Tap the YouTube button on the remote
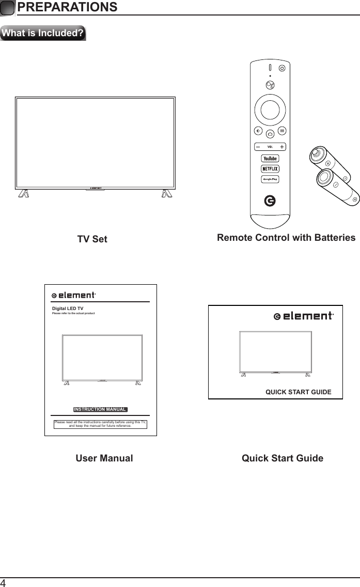pos(271,158)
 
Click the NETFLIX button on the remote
pos(271,168)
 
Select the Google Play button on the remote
pos(271,179)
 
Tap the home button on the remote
pos(271,134)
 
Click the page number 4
pos(4,583)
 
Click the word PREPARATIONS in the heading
pos(67,7)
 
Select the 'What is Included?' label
pos(43,34)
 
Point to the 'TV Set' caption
pos(92,239)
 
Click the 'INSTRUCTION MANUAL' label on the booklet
pos(100,410)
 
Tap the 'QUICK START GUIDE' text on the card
pos(298,392)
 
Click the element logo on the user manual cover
pos(74,296)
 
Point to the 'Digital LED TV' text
pos(68,308)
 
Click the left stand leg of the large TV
pos(24,194)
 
